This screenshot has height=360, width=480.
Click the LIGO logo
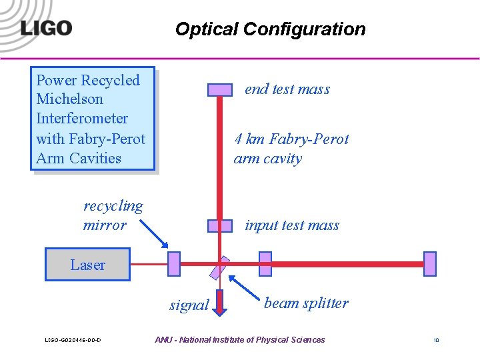click(x=46, y=28)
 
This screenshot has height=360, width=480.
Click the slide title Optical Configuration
click(x=270, y=29)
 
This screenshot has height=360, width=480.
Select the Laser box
click(x=87, y=265)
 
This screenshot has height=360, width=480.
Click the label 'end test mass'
click(x=287, y=89)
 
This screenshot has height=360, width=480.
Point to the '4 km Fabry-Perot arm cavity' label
click(x=291, y=149)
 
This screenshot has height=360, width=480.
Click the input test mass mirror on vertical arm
click(x=220, y=226)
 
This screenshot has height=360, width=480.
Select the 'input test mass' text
click(x=292, y=226)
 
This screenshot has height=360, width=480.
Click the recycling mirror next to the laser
click(x=174, y=264)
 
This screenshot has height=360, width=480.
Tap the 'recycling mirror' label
click(x=113, y=215)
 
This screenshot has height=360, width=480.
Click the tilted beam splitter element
click(x=219, y=267)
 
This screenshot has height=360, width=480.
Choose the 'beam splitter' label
click(x=306, y=303)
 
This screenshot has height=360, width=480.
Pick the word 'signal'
click(x=189, y=305)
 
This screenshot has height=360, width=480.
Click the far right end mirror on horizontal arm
click(x=430, y=264)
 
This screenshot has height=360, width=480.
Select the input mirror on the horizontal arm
click(x=265, y=264)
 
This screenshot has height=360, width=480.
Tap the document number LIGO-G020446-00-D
click(x=73, y=341)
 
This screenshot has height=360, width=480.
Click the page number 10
click(x=436, y=341)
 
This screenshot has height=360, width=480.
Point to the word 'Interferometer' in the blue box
click(x=82, y=119)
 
